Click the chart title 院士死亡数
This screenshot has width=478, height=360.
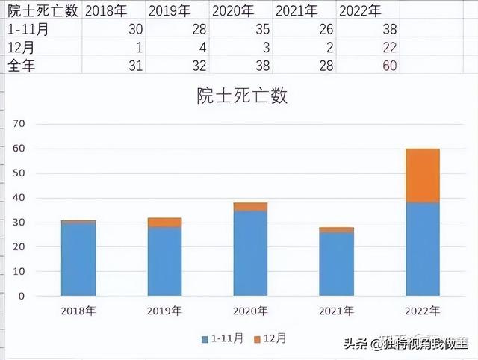(x=242, y=96)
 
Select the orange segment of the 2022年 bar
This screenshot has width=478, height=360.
(x=421, y=176)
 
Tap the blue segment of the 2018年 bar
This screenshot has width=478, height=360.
(x=79, y=258)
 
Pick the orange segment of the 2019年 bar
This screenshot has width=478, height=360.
(x=165, y=222)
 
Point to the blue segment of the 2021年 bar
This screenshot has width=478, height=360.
(x=336, y=264)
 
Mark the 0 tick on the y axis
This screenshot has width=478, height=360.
(x=22, y=296)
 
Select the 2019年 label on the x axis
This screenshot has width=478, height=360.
(x=164, y=311)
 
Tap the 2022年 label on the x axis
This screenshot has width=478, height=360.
(x=421, y=311)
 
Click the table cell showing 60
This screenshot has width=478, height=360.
(x=388, y=65)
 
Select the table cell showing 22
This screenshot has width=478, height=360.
(x=388, y=47)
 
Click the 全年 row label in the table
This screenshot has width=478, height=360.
(x=21, y=65)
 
